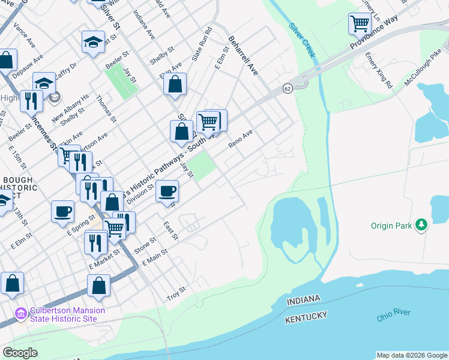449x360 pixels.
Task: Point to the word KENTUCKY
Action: click(306, 317)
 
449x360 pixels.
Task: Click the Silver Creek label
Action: click(302, 40)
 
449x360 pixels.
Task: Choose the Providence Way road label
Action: click(375, 37)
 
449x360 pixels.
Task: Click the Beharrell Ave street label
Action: click(243, 55)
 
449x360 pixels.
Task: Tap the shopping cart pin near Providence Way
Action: click(360, 25)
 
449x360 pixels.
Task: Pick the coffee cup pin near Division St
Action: click(167, 191)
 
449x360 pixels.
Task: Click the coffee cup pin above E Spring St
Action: click(62, 212)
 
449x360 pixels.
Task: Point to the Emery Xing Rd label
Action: click(378, 70)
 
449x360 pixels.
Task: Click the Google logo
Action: click(20, 353)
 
